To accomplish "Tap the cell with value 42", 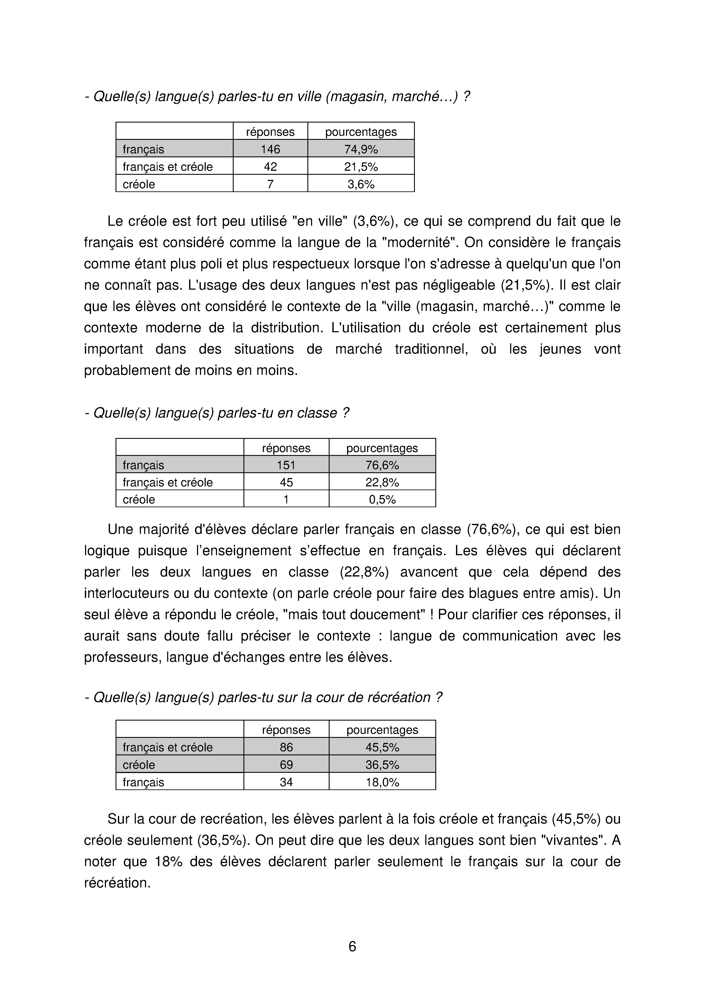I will click(x=270, y=167).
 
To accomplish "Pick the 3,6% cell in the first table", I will click(x=361, y=184).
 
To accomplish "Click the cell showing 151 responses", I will click(x=286, y=465).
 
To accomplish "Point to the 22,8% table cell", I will click(x=382, y=483).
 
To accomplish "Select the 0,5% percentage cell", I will click(x=382, y=499).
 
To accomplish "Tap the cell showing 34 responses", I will click(x=286, y=782).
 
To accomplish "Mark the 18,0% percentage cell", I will click(x=382, y=782).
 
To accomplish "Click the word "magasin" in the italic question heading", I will click(x=359, y=96).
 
